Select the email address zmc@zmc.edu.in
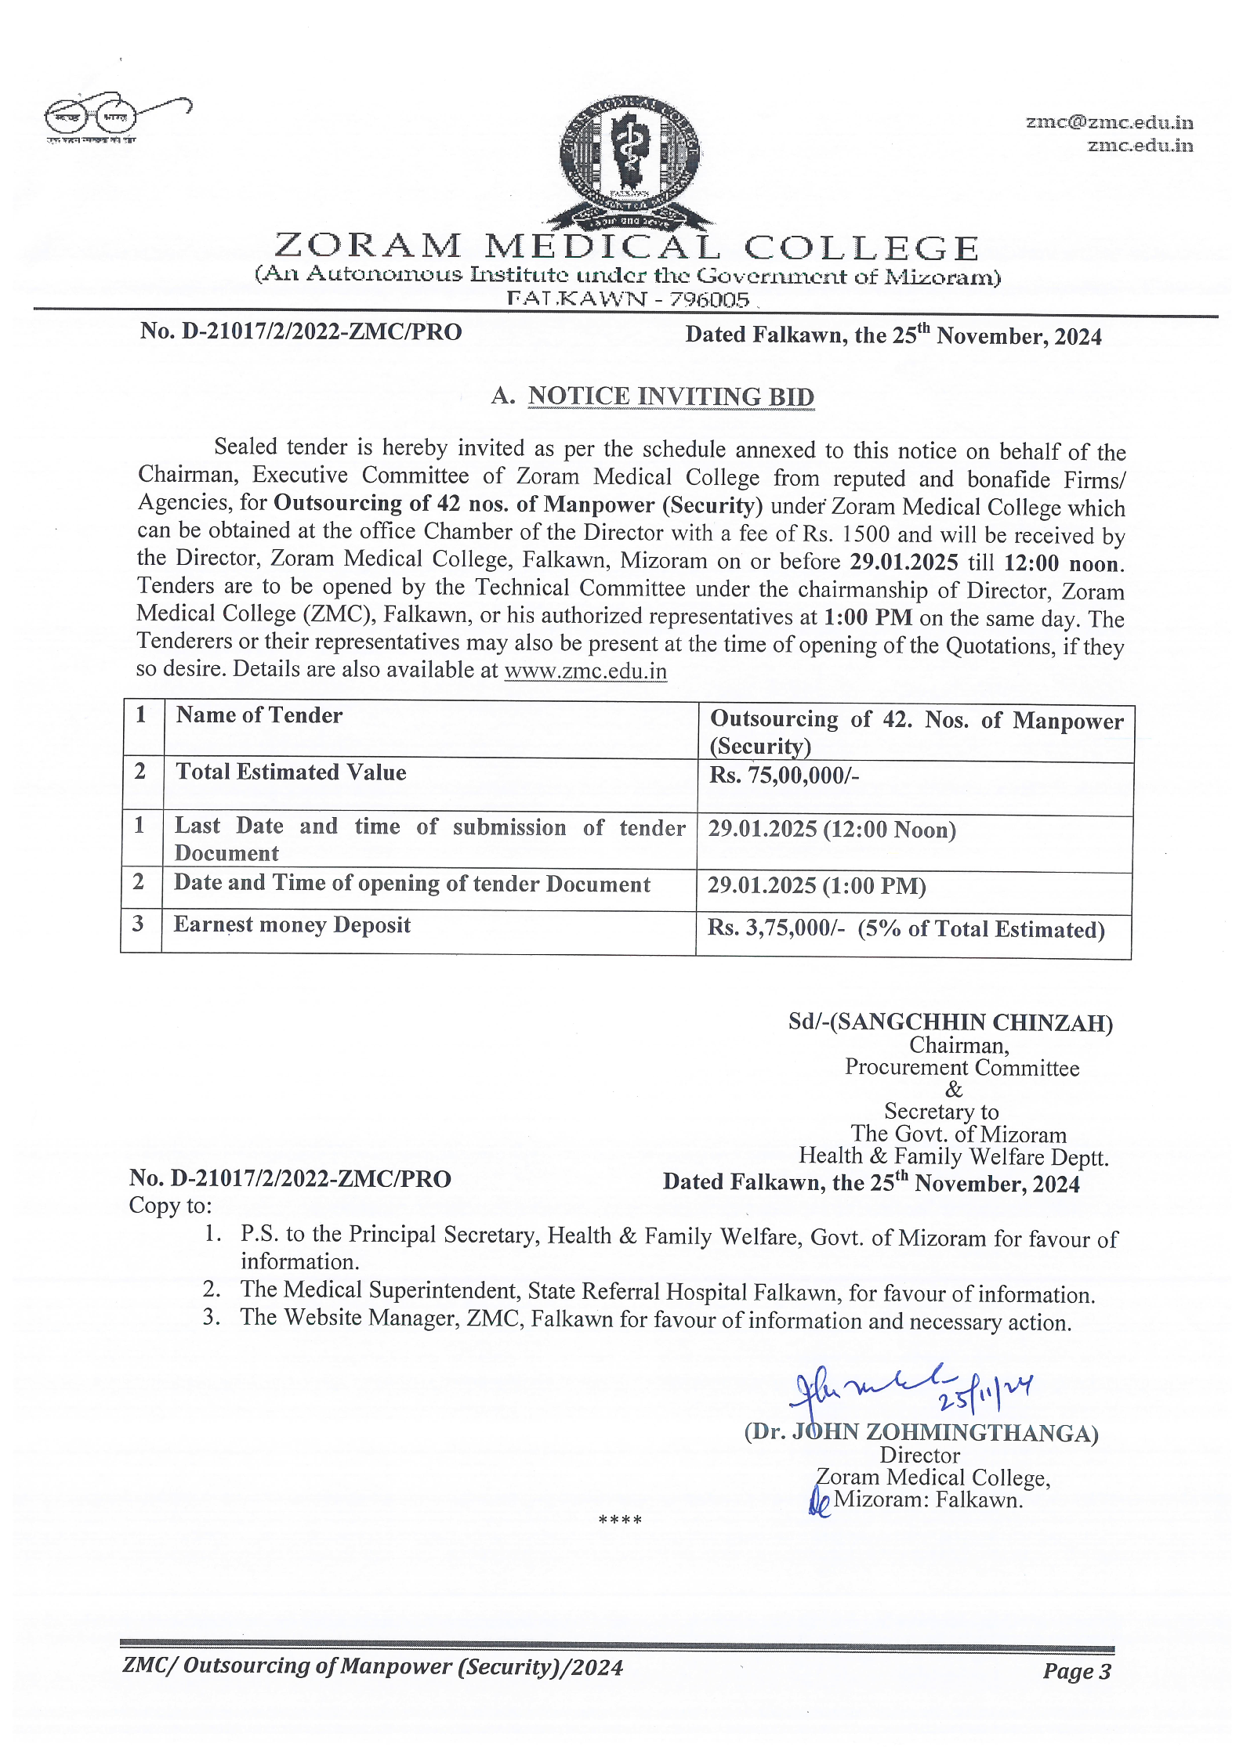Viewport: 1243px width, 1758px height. (1109, 122)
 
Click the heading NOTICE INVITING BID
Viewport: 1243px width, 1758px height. (671, 396)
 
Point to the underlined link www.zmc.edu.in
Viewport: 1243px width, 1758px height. (585, 671)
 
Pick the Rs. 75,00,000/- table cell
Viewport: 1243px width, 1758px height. (785, 776)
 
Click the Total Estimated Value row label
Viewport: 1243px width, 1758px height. (291, 772)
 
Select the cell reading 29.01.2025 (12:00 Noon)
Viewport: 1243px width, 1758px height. (832, 830)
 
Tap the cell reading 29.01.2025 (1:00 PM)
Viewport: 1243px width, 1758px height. (817, 886)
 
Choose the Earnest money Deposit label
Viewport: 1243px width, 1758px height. (292, 925)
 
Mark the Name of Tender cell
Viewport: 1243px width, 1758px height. (259, 715)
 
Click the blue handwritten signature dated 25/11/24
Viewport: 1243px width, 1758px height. (912, 1393)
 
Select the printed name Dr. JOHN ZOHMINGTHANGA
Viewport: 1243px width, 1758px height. (921, 1433)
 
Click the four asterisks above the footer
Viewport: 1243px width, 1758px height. (620, 1521)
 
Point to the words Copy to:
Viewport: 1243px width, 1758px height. (170, 1206)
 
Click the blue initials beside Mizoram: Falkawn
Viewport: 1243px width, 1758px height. (819, 1503)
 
